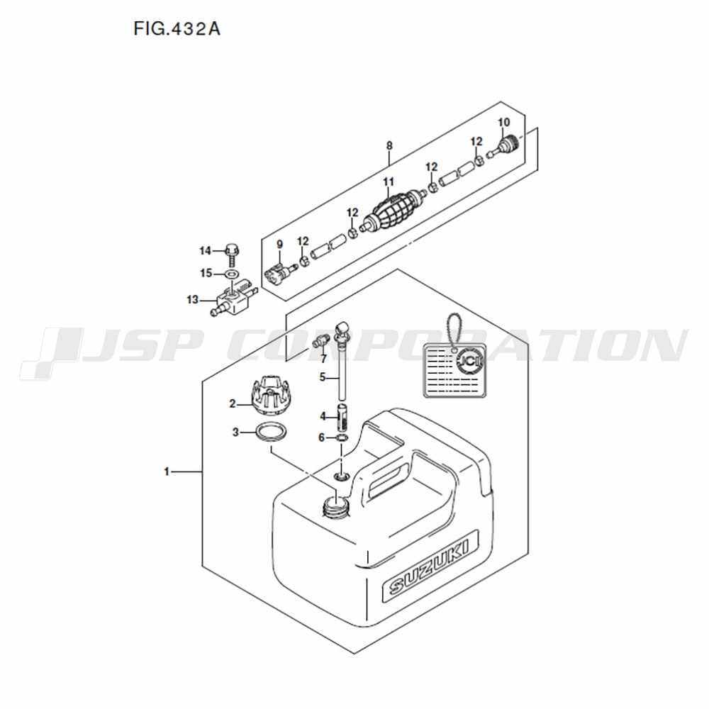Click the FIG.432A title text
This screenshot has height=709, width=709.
(x=177, y=29)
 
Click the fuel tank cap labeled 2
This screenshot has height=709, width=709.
(x=270, y=394)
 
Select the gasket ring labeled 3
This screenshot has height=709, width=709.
(x=271, y=432)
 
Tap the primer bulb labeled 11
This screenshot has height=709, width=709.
(x=393, y=209)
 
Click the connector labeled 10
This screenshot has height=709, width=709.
(x=504, y=147)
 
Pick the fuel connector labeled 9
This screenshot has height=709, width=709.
(x=280, y=272)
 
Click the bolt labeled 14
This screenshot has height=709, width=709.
(x=232, y=255)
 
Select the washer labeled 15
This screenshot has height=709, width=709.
(x=232, y=274)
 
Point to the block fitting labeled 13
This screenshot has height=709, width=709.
(x=234, y=298)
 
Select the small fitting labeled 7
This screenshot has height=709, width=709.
(x=320, y=342)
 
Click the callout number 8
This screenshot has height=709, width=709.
(x=389, y=145)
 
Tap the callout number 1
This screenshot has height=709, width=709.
(x=167, y=471)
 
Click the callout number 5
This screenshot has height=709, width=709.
(x=322, y=376)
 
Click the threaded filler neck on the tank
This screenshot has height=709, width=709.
(x=335, y=507)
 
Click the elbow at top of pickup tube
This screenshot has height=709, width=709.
(x=342, y=328)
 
